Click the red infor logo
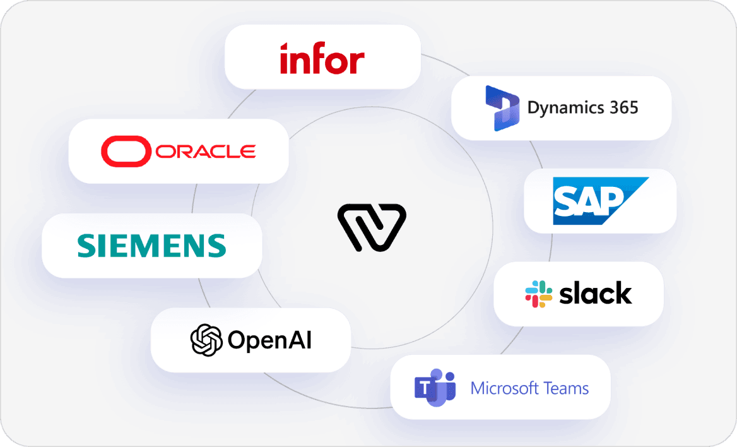click(322, 59)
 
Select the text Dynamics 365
click(582, 107)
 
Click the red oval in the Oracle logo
click(126, 152)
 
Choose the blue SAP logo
click(599, 201)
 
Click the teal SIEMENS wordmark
click(151, 246)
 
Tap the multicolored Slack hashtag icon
click(538, 294)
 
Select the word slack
click(596, 294)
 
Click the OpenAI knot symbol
click(207, 340)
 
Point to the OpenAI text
click(269, 341)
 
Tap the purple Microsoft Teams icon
click(435, 387)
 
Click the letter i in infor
click(284, 59)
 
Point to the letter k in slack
click(623, 294)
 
